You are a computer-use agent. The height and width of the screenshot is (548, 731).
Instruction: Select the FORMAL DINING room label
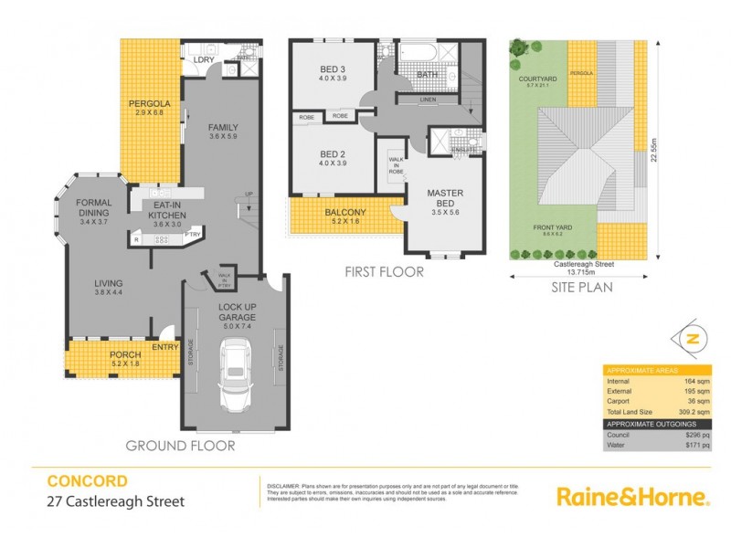point(93,207)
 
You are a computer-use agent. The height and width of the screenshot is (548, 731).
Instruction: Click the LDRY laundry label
point(204,60)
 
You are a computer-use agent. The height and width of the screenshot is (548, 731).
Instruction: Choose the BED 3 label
point(332,72)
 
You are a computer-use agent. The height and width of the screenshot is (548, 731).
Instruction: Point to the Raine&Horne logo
point(632,497)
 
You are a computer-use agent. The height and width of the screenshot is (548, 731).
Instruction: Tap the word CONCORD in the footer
point(87,480)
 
